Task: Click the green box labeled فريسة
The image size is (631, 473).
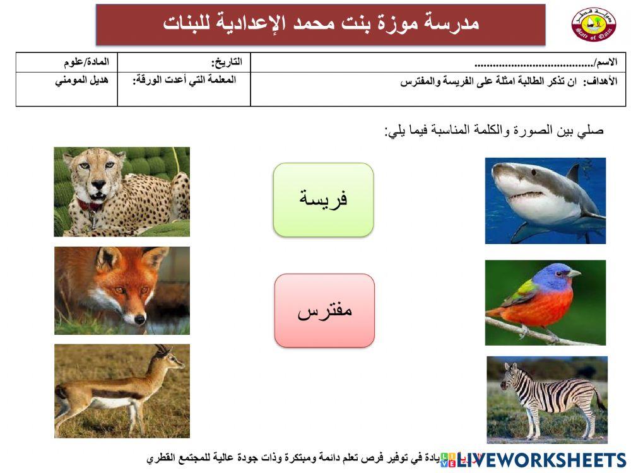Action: [323, 200]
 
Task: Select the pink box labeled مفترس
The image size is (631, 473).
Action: [324, 310]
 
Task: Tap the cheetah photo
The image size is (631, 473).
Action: [122, 192]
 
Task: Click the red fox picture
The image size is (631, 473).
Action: [122, 290]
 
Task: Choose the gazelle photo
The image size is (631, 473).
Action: [122, 391]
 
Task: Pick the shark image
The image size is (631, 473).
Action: [545, 201]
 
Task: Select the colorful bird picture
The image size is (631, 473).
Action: [545, 303]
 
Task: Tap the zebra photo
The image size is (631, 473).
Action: [547, 399]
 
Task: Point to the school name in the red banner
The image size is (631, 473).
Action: [321, 24]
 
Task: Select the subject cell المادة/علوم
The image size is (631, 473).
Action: [86, 62]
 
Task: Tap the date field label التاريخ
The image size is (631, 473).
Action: [227, 62]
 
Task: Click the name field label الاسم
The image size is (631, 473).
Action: [605, 62]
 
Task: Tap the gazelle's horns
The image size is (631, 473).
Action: [162, 348]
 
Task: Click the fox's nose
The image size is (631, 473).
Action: [139, 320]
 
